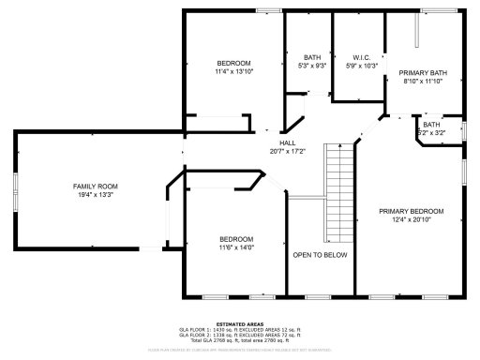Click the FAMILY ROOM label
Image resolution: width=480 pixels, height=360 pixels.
click(x=96, y=187)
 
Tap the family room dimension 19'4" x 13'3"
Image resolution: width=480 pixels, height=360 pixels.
click(x=96, y=195)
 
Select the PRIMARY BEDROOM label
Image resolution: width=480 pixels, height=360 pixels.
click(x=411, y=211)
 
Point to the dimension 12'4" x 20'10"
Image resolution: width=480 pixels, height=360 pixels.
click(x=411, y=219)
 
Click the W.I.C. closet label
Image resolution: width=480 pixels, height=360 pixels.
click(x=361, y=57)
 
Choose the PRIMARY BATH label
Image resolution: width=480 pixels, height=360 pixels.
click(x=423, y=73)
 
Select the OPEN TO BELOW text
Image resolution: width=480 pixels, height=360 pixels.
click(x=320, y=255)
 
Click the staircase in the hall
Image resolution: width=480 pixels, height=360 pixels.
click(x=337, y=192)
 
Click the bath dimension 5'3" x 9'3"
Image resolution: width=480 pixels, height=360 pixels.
click(x=311, y=66)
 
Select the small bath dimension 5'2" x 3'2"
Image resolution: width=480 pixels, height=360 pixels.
click(x=431, y=133)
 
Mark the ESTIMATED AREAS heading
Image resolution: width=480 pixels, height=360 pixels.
click(x=239, y=323)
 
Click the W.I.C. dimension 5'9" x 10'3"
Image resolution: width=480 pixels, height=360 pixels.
click(x=361, y=66)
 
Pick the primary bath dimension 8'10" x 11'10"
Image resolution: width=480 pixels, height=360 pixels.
click(x=423, y=82)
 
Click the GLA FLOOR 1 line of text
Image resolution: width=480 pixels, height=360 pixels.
click(x=239, y=329)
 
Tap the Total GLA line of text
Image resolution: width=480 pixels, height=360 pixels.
click(x=239, y=339)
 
